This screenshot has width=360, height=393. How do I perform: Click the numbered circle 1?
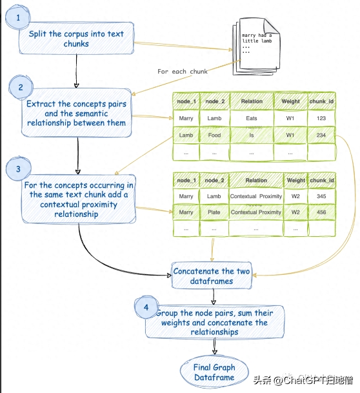pyautogui.click(x=18, y=17)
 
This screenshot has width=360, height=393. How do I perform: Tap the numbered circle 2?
pyautogui.click(x=21, y=88)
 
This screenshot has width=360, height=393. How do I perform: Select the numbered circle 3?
pyautogui.click(x=18, y=168)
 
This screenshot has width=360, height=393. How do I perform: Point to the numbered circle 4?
pyautogui.click(x=146, y=307)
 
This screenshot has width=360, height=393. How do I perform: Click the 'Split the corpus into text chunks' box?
pyautogui.click(x=76, y=38)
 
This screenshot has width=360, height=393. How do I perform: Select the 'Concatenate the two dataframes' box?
pyautogui.click(x=212, y=276)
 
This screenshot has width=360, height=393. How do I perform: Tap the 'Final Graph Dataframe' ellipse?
pyautogui.click(x=214, y=372)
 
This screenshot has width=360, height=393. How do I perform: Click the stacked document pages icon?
pyautogui.click(x=256, y=46)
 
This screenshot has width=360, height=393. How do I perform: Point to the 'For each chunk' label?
pyautogui.click(x=183, y=72)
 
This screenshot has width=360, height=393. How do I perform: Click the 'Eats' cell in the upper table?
pyautogui.click(x=252, y=118)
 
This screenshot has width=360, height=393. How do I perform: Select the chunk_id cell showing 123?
pyautogui.click(x=321, y=118)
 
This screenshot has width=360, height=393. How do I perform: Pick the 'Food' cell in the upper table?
pyautogui.click(x=214, y=135)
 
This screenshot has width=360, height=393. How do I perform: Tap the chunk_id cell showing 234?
pyautogui.click(x=321, y=135)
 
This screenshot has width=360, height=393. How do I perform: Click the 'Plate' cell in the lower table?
pyautogui.click(x=214, y=212)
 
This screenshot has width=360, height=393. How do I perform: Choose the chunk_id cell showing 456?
pyautogui.click(x=321, y=212)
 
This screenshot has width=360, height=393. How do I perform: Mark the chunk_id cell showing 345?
pyautogui.click(x=321, y=196)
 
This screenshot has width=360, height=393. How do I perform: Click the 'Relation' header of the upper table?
pyautogui.click(x=252, y=101)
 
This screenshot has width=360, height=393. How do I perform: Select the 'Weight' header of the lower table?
pyautogui.click(x=296, y=180)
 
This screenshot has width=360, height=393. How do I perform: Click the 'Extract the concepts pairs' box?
pyautogui.click(x=76, y=113)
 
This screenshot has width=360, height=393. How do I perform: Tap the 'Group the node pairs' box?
pyautogui.click(x=215, y=322)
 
